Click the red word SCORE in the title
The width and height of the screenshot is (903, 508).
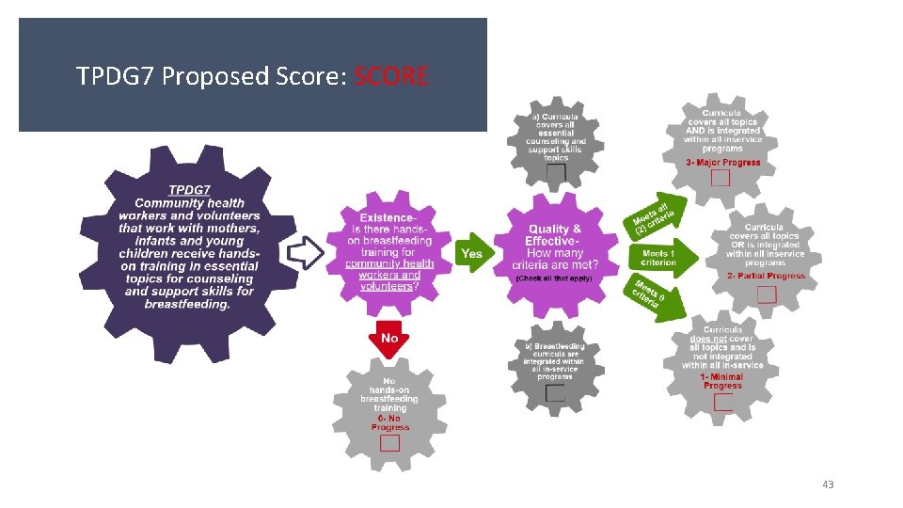coord(390,76)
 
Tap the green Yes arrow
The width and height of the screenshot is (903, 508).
coord(471,254)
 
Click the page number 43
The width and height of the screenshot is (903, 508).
coord(827,484)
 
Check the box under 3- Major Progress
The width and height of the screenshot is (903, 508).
coord(721,177)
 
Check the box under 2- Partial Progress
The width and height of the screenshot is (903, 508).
coord(766,294)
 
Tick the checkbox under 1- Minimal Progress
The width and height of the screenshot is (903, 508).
coord(722,403)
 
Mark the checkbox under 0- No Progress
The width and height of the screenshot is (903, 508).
coord(389,442)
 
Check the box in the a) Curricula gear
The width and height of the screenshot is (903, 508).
coord(556,173)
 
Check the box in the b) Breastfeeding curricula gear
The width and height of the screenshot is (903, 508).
coord(555,392)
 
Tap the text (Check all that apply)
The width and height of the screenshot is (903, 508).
coord(554,279)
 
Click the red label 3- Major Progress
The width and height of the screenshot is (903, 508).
coord(722,163)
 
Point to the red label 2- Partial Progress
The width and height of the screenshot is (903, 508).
coord(766,277)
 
